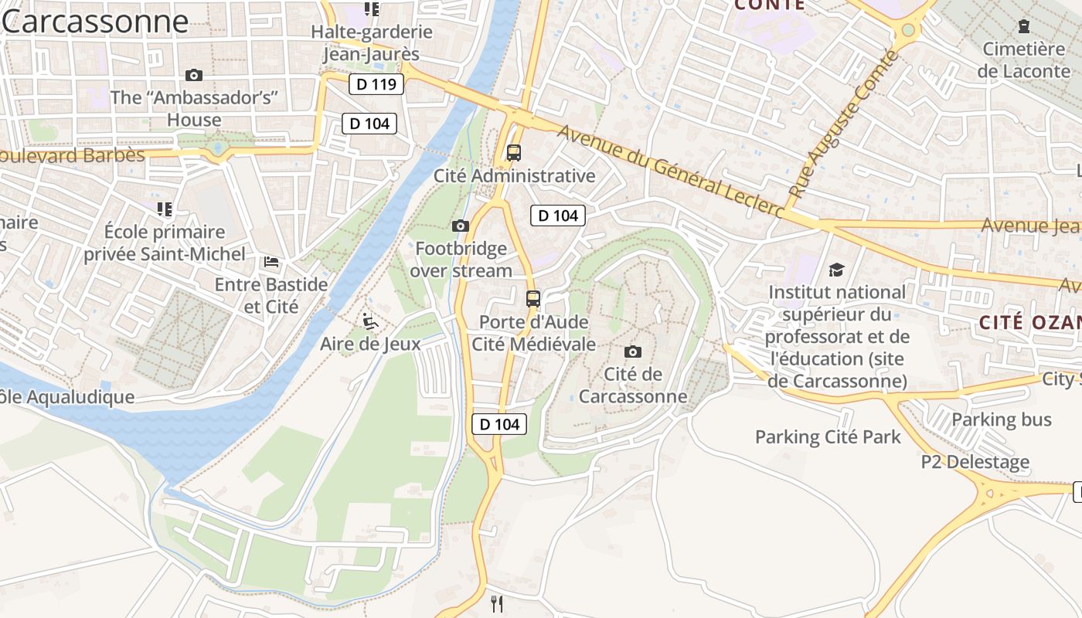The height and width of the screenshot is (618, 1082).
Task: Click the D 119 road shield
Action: [x=376, y=84]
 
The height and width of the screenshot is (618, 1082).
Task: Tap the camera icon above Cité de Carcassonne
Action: [x=632, y=352]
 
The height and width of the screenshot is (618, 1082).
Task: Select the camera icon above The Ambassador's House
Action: [x=194, y=75]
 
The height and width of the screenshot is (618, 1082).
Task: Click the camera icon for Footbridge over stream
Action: [x=460, y=226]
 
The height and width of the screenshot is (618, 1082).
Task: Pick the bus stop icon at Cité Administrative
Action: [x=514, y=153]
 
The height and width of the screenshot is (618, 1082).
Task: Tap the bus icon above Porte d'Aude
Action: [x=533, y=299]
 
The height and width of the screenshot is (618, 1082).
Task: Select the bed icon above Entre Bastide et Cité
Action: [x=271, y=262]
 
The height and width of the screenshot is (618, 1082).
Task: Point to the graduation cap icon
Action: [x=836, y=270]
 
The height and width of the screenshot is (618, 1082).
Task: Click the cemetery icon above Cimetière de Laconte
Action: [x=1024, y=26]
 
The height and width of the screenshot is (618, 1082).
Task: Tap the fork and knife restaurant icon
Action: [x=497, y=603]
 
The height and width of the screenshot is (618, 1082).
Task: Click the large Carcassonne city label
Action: [x=95, y=22]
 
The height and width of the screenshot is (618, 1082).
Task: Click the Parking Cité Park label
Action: [x=828, y=437]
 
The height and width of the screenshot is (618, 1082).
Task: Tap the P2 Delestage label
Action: [x=975, y=462]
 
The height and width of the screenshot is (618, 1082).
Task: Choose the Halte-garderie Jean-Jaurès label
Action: [x=372, y=43]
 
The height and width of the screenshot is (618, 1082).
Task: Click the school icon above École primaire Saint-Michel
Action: [x=164, y=209]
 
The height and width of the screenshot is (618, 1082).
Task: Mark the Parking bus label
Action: [x=1002, y=419]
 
